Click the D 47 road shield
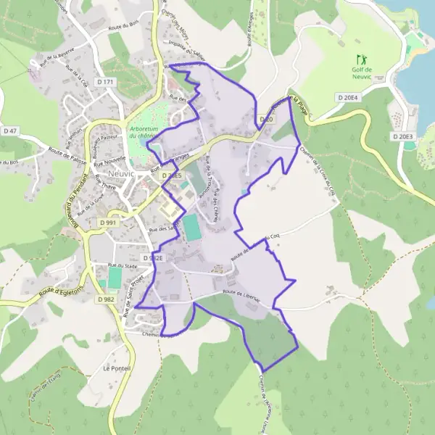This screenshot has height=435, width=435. click(9, 130)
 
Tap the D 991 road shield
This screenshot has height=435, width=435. click(108, 223)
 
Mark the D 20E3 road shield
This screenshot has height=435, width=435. click(402, 136)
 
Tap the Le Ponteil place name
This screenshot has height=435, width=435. click(116, 368)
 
